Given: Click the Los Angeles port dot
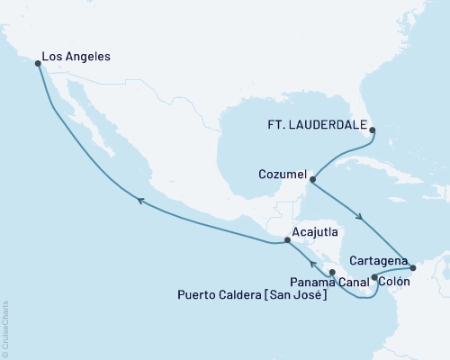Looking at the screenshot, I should (38, 64).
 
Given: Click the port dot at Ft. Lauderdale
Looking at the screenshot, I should (373, 129).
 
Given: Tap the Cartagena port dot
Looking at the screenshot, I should (413, 267).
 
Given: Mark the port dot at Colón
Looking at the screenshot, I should (374, 276).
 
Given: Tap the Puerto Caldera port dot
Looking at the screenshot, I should (332, 272).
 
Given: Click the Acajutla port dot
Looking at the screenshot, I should (287, 240).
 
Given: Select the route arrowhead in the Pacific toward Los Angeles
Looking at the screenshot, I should (139, 204).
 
